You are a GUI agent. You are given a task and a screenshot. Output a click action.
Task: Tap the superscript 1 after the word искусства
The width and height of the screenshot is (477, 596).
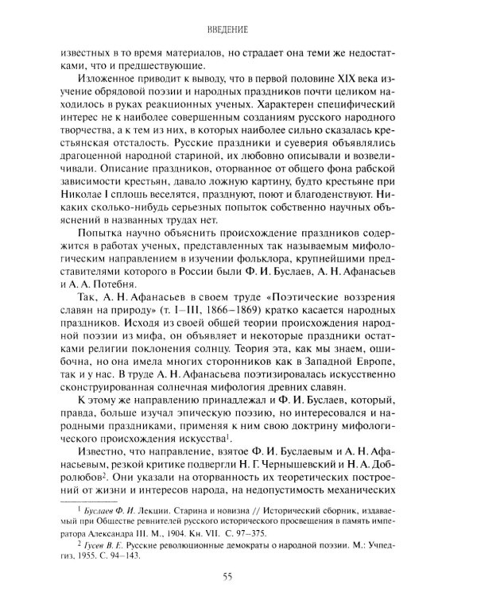(x=228, y=443)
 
